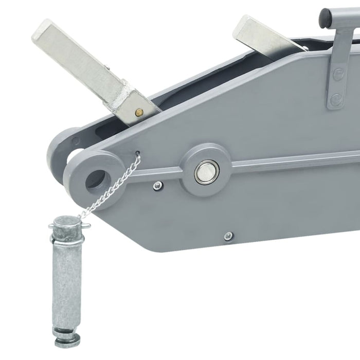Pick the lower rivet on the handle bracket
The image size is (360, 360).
pos(336,99)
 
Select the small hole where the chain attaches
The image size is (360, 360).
pos(137,153)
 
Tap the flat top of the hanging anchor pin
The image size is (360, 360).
pos(66,223)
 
